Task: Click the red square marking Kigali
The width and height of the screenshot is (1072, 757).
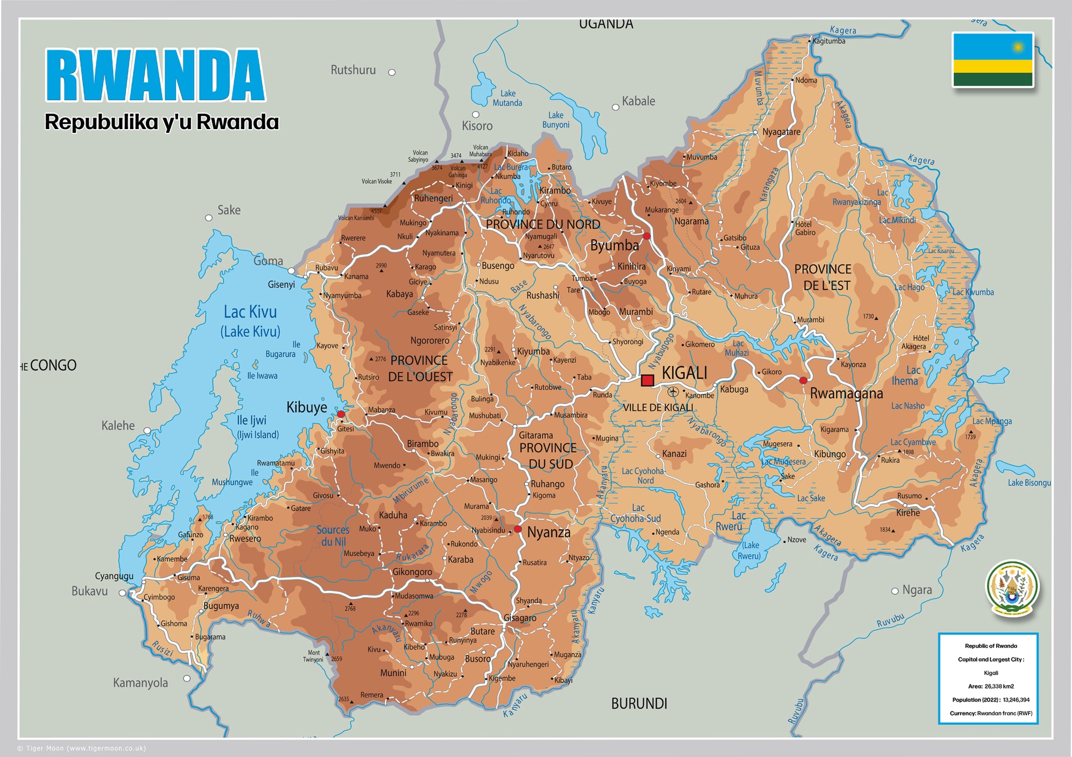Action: click(x=647, y=380)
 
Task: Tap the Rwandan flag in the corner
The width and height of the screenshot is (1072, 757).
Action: click(x=993, y=60)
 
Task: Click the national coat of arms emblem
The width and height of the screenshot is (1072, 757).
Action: click(x=1012, y=589)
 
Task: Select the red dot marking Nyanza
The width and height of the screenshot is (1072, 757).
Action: click(x=518, y=529)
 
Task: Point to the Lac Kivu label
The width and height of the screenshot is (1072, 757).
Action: click(x=250, y=313)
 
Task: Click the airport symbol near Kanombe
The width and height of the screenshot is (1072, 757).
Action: click(x=673, y=392)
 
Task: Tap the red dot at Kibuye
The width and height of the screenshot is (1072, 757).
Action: click(x=341, y=414)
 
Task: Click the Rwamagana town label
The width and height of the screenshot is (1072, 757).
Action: click(x=846, y=394)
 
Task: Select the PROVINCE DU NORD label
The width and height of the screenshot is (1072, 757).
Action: click(x=542, y=224)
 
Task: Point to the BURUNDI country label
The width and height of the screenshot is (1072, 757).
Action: click(x=639, y=704)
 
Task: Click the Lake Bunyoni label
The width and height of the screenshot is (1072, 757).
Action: click(x=555, y=120)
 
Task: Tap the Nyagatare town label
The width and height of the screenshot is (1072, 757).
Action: click(x=781, y=132)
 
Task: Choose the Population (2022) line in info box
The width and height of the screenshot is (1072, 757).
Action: click(x=990, y=700)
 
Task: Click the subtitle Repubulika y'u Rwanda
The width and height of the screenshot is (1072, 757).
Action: click(x=161, y=122)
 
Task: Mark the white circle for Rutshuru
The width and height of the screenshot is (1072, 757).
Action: click(x=392, y=72)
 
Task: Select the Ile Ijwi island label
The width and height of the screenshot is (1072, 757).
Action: click(x=252, y=420)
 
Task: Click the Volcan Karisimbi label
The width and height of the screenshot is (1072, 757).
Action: click(x=356, y=218)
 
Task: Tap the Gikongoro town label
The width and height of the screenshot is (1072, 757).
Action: click(x=412, y=571)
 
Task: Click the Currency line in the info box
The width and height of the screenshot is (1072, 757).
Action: click(x=990, y=713)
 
